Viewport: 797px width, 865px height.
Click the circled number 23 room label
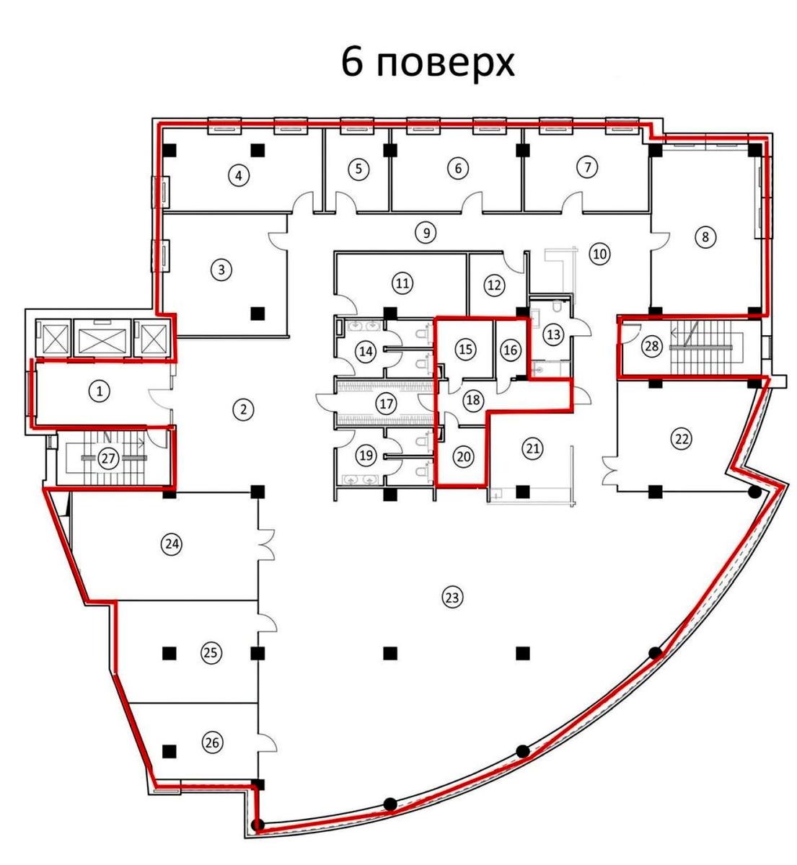(x=452, y=598)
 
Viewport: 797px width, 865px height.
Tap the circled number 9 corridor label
(x=426, y=233)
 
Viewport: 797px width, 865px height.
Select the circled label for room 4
(x=239, y=175)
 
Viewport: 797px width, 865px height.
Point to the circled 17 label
(x=386, y=404)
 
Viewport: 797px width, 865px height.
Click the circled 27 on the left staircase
(x=108, y=458)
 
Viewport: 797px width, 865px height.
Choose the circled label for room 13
(x=553, y=334)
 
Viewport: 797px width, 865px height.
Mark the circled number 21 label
(x=533, y=449)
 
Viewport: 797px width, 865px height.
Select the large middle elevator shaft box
(x=102, y=337)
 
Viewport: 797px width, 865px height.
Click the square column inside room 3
(x=257, y=312)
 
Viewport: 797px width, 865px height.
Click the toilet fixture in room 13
(x=558, y=306)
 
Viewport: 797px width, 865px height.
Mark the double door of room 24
(x=266, y=545)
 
